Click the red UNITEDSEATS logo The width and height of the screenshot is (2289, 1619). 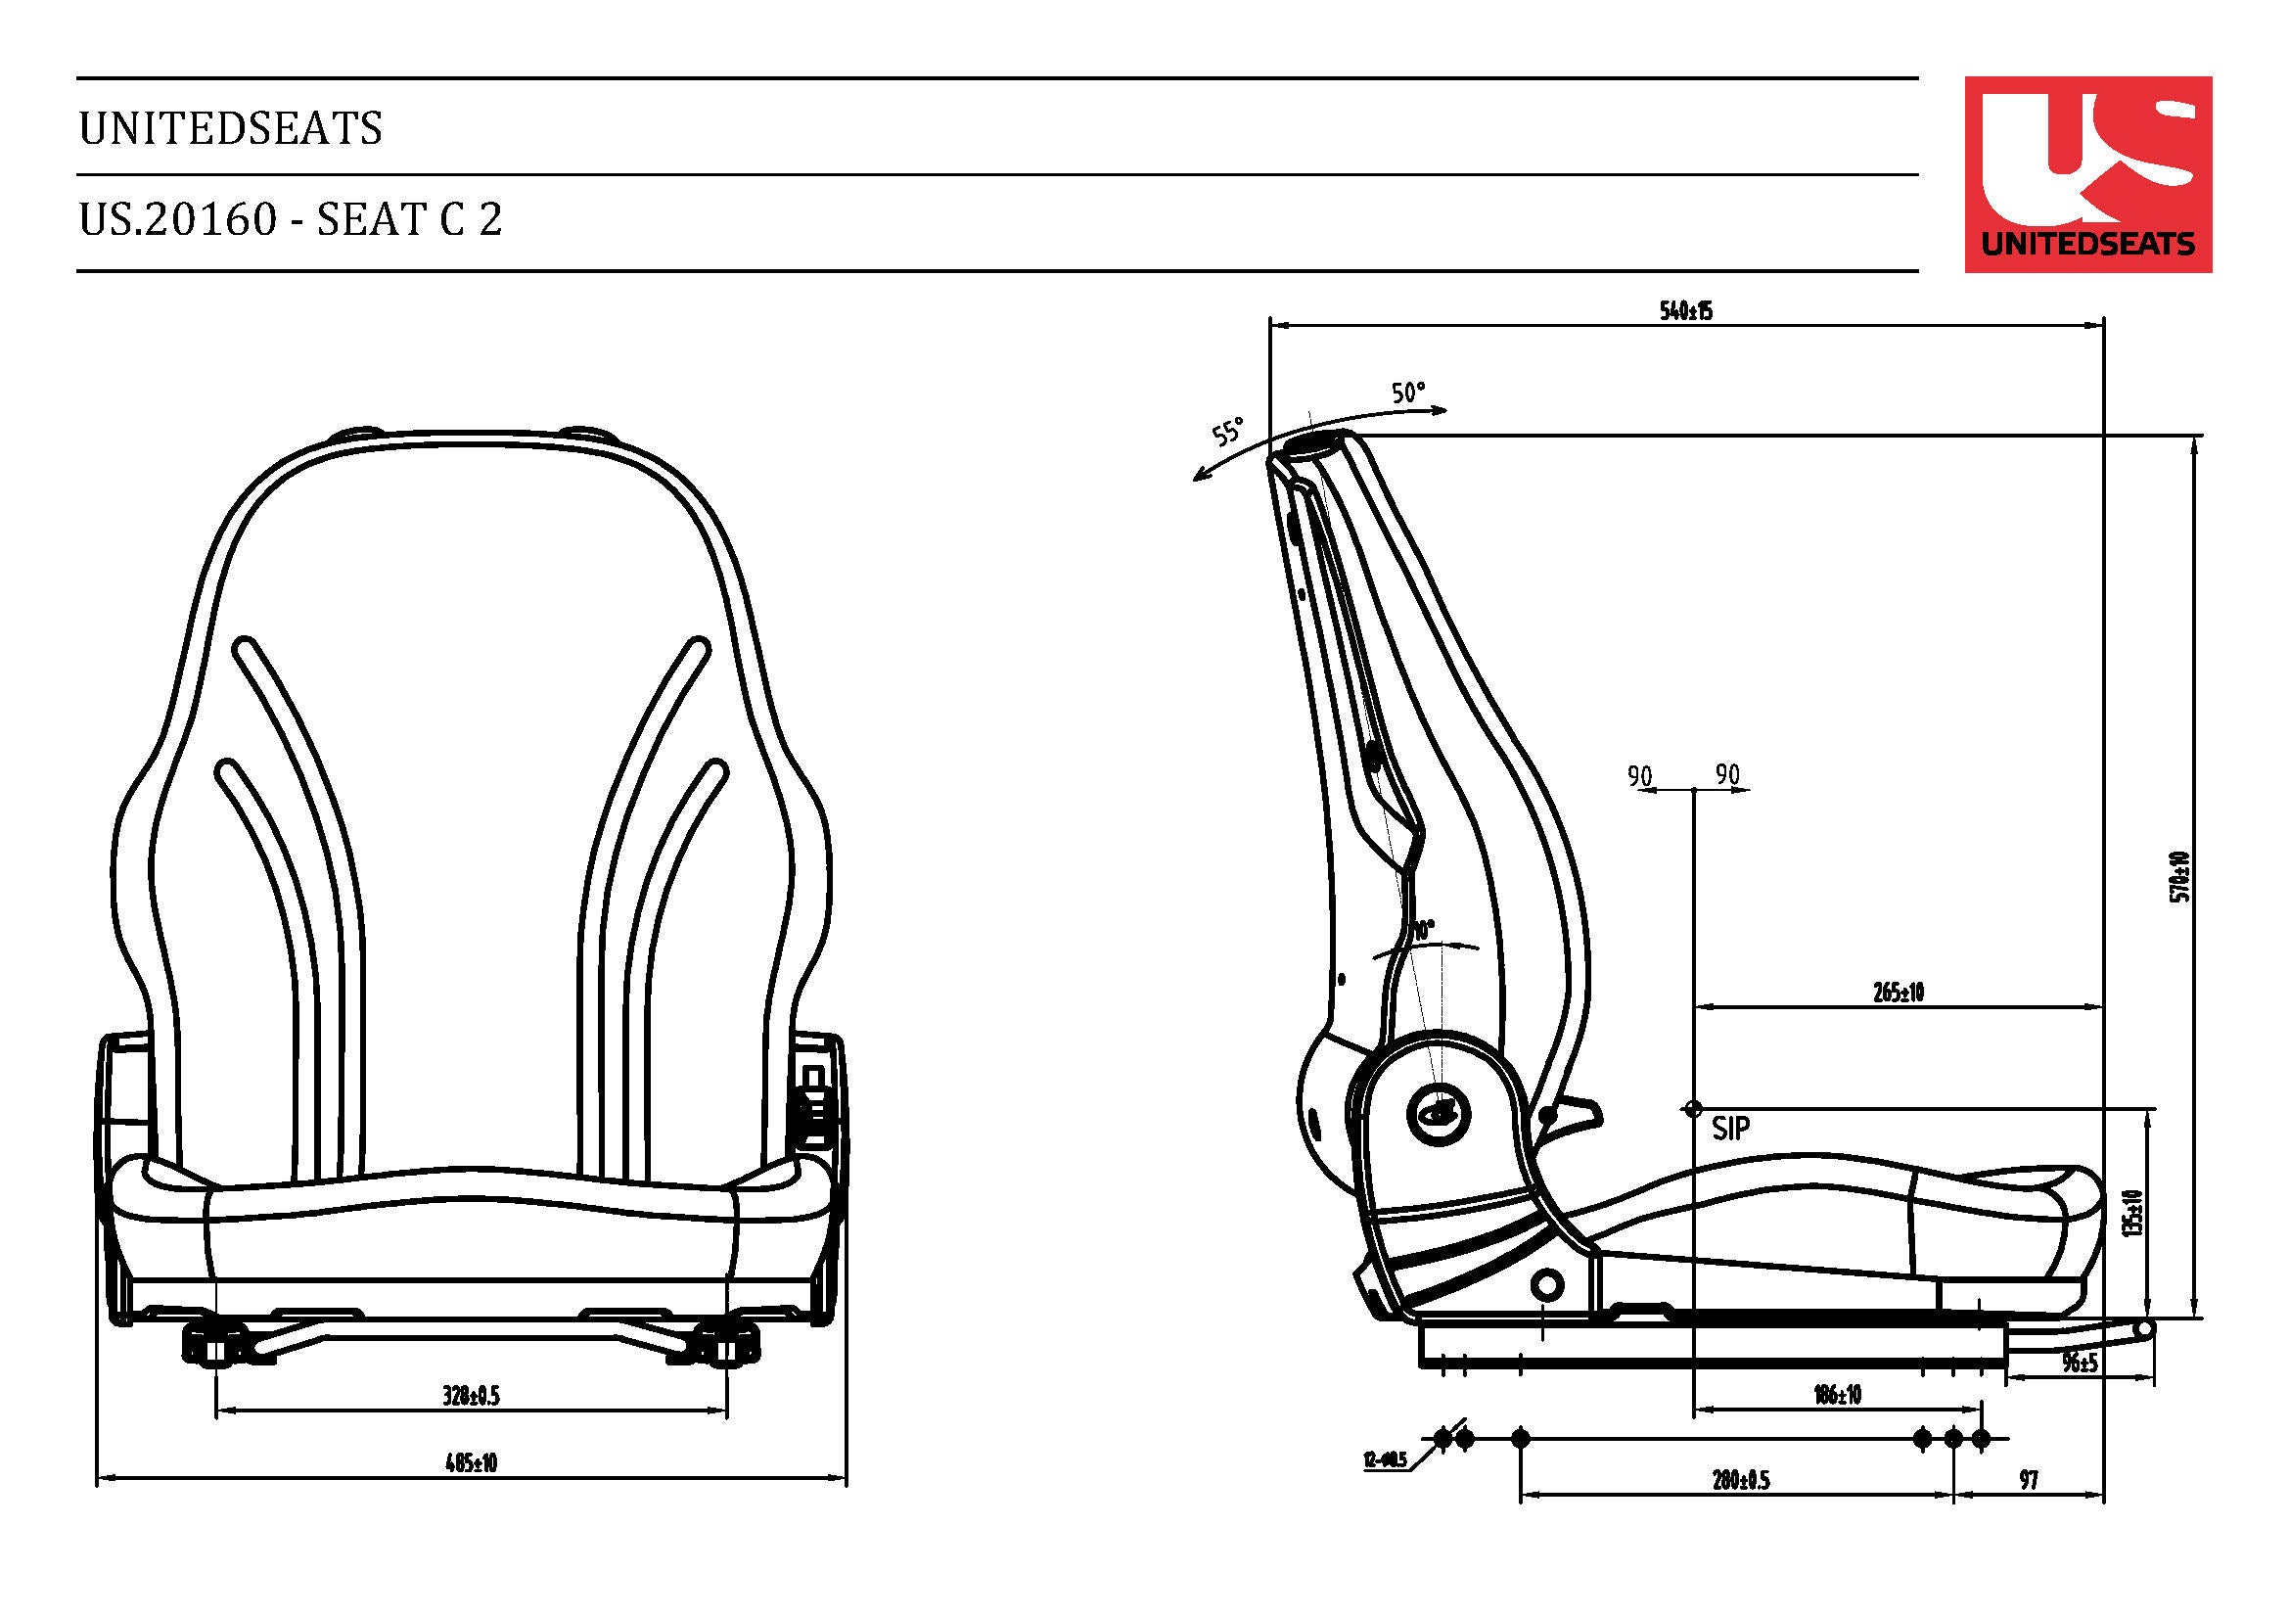[x=2086, y=173]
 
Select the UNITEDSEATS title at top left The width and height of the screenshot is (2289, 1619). [x=230, y=128]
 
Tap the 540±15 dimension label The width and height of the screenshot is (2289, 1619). [x=1686, y=311]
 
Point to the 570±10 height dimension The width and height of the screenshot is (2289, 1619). [x=2180, y=876]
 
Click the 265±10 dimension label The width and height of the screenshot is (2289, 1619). [x=1898, y=992]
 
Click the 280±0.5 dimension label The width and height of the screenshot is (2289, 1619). [x=1741, y=1479]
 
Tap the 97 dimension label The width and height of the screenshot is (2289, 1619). [x=2029, y=1480]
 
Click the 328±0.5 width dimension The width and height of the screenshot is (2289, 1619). [x=471, y=1396]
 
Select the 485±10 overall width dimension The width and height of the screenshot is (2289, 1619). [x=471, y=1463]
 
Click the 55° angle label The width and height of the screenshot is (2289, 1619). [x=1228, y=433]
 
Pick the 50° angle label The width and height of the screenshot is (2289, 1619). [x=1408, y=393]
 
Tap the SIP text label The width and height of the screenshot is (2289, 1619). [x=1729, y=1130]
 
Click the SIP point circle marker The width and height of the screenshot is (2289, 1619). [x=1693, y=1109]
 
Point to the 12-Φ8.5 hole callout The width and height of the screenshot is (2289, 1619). [x=1385, y=1461]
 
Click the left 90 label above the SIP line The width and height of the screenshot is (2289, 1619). [x=1639, y=775]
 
